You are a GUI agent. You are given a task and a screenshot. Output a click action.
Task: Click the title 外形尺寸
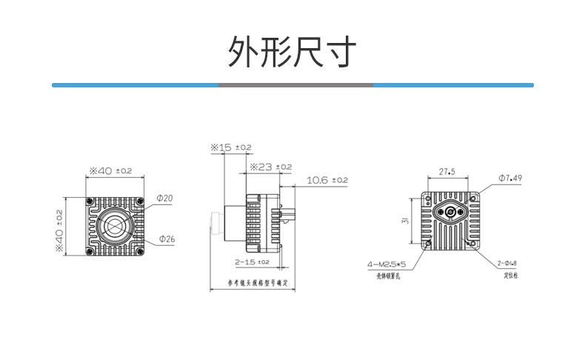point(292,51)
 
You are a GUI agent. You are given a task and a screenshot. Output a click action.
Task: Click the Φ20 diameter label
point(164,198)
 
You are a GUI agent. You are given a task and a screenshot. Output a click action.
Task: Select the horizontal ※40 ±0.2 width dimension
point(111,171)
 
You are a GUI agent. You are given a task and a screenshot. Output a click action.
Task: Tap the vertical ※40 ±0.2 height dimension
point(59,229)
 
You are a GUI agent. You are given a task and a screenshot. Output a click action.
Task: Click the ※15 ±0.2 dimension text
point(231,147)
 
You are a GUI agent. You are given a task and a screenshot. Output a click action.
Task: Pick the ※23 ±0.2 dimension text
point(271,167)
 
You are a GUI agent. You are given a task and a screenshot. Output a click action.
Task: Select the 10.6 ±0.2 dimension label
point(327,180)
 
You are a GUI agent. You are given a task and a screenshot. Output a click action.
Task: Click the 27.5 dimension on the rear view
point(447,172)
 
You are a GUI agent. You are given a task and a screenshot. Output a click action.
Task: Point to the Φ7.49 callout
point(510,178)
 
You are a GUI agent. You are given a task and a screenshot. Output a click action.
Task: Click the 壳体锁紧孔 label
point(387,275)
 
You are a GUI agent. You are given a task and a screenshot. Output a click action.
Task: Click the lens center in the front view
point(114,227)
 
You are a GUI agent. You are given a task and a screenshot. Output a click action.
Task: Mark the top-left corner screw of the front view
point(89,202)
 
